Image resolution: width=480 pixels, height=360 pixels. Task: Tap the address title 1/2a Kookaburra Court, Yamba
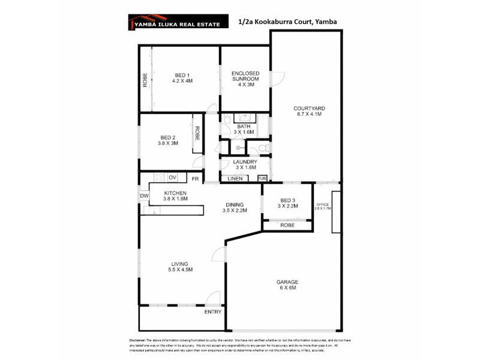point(287,22)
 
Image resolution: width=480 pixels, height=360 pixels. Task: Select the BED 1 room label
point(182,77)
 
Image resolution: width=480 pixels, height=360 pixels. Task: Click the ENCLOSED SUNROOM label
point(245,79)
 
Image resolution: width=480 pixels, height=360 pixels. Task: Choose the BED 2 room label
point(167,140)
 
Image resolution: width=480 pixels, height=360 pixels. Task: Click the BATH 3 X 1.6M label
point(244,129)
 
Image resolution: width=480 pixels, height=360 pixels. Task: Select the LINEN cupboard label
point(235,178)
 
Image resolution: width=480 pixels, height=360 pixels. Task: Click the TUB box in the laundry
point(262,178)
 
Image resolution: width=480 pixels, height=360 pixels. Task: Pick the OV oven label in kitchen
point(172,178)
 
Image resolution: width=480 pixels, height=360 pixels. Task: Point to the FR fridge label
point(194,178)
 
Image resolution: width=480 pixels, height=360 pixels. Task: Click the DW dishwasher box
point(144,196)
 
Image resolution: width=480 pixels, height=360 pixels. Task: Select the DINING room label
point(235,208)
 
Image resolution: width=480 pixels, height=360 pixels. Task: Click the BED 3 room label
point(287,203)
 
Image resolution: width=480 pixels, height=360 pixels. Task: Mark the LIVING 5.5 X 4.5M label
point(179,266)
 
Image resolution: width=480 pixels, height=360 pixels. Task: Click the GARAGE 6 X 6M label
point(287,285)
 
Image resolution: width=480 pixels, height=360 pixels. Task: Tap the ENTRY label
point(212,312)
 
